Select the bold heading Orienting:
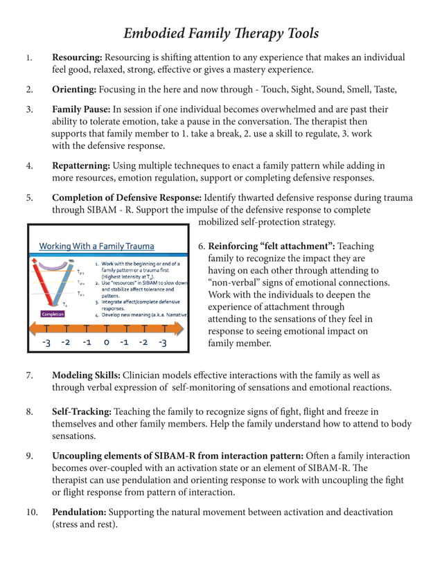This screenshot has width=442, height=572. (74, 89)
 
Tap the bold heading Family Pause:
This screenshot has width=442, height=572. (81, 109)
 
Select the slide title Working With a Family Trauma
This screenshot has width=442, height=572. (96, 246)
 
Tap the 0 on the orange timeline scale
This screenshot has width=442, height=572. (106, 342)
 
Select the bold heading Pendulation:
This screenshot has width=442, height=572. (79, 512)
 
